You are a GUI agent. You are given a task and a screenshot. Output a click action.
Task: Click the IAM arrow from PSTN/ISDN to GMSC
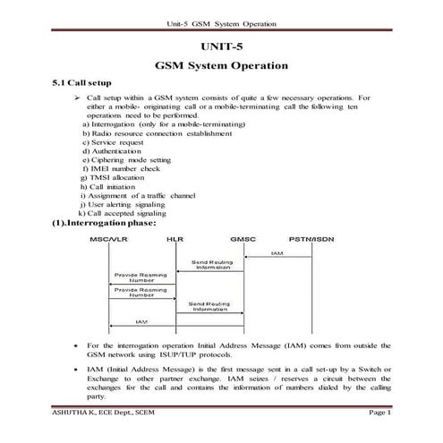pos(278,257)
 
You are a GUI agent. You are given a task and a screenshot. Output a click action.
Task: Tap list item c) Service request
pos(115,142)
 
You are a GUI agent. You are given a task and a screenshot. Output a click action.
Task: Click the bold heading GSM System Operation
pos(221,65)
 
